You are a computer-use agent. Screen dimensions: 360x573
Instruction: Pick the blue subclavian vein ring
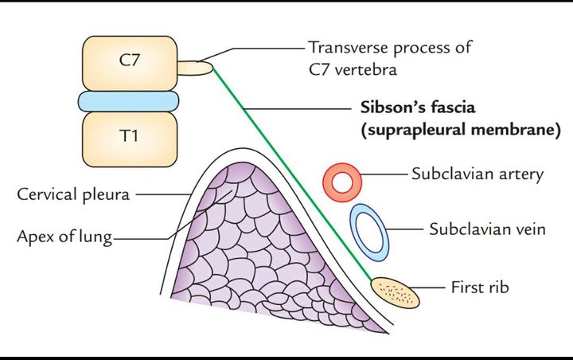pos(370,232)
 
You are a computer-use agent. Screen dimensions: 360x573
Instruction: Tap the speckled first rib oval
pos(397,292)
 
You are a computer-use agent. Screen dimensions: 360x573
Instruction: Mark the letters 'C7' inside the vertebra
pos(128,57)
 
